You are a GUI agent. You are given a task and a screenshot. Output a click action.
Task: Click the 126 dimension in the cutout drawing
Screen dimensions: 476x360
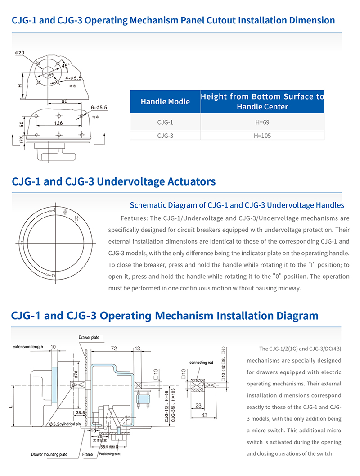(58, 122)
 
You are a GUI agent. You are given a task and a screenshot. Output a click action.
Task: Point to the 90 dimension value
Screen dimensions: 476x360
(64, 101)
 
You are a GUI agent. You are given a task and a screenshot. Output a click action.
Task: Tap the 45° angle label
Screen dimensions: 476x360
(66, 66)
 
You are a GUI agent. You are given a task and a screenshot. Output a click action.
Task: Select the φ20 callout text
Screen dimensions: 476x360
(20, 53)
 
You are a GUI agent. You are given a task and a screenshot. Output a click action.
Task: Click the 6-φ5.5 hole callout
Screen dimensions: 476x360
(99, 108)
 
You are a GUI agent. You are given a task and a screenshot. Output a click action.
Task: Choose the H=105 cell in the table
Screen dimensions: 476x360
(262, 135)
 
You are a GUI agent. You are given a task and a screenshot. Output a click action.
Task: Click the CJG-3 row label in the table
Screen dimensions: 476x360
(165, 135)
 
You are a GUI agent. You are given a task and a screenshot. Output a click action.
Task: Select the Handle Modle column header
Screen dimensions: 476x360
(165, 102)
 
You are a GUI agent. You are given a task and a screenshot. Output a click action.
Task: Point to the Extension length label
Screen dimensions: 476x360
(28, 347)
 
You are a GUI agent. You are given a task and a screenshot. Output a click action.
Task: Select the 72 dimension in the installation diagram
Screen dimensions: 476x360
(113, 349)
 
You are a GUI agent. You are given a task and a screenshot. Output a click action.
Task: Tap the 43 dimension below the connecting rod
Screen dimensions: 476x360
(204, 415)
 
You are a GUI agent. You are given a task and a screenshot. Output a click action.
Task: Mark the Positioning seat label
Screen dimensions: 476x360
(110, 454)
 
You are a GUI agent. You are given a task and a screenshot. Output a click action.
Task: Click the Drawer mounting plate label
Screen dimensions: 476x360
(49, 454)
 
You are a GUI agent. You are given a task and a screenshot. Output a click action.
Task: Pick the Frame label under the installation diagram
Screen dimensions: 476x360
(88, 454)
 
